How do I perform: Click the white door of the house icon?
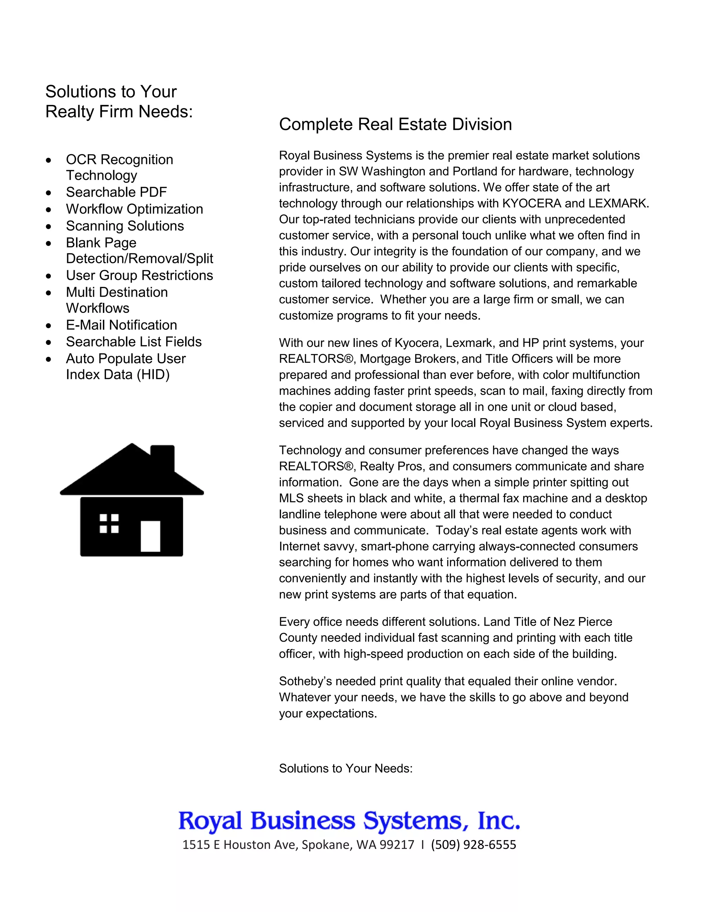tap(150, 536)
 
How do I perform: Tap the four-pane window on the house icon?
tap(109, 524)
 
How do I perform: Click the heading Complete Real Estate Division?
tap(395, 125)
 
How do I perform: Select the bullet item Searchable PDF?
tap(116, 192)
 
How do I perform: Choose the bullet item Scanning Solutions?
tap(125, 226)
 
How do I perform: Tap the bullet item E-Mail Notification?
tap(121, 325)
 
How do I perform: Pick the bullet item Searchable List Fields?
tap(133, 342)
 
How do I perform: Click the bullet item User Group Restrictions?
tap(139, 275)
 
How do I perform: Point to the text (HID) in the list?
tap(153, 374)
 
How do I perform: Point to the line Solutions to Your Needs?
tap(345, 768)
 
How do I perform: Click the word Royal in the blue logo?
tap(210, 820)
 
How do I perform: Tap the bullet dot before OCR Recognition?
tap(49, 160)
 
